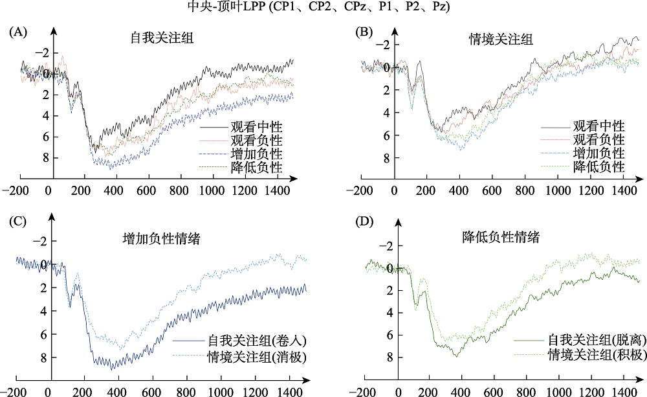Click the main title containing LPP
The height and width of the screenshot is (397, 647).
[x=324, y=7]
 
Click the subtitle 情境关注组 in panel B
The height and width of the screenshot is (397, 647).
[x=501, y=40]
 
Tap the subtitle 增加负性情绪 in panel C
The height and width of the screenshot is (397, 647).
[x=160, y=238]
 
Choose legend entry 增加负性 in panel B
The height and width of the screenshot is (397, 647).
[x=599, y=153]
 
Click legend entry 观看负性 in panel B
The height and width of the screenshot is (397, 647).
[x=599, y=139]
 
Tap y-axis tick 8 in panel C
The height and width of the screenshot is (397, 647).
[x=43, y=357]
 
